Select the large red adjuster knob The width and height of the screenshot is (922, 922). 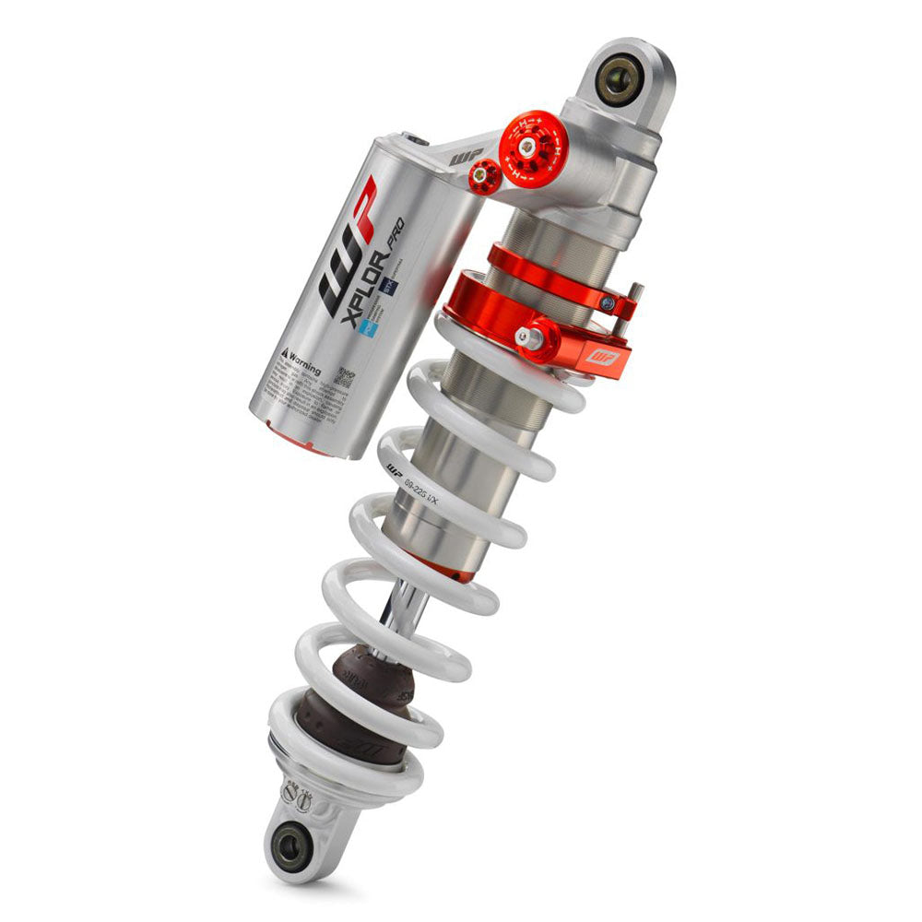pyautogui.click(x=532, y=148)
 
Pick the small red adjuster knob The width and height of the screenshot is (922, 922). pyautogui.click(x=484, y=175)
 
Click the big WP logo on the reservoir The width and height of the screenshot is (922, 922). pyautogui.click(x=349, y=248)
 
